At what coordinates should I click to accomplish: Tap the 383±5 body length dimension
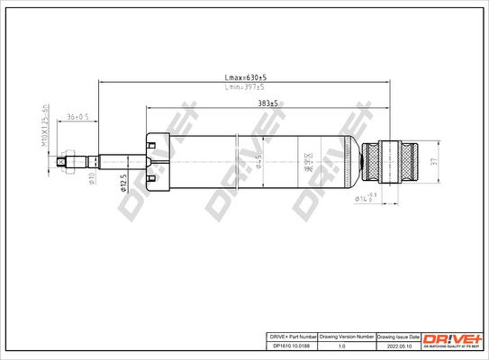point(267,104)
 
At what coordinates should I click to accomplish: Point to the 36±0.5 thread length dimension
point(78,118)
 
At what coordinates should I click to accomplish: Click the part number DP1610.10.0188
point(294,342)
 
